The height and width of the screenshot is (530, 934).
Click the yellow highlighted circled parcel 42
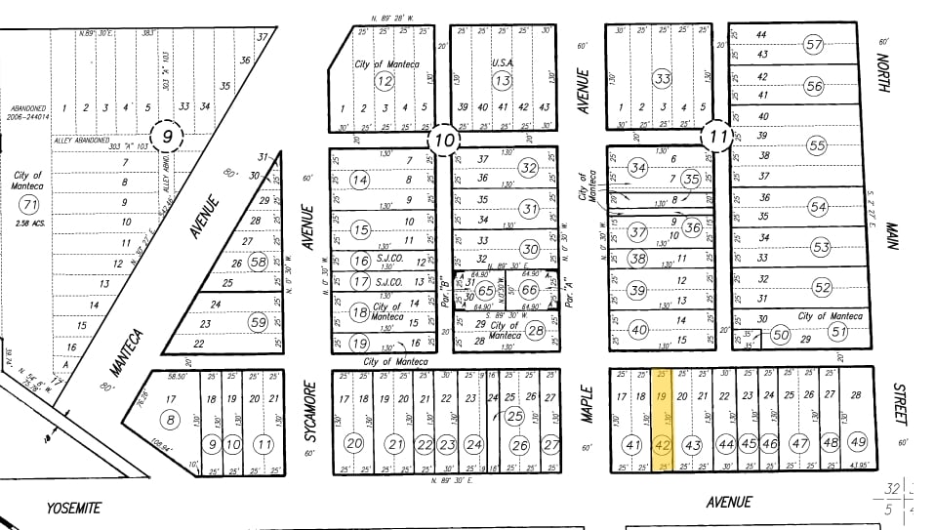663,445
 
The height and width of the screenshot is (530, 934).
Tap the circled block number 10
444,140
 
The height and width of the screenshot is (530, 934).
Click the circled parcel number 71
27,204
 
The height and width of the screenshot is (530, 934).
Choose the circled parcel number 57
814,44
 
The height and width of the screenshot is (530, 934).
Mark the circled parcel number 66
529,290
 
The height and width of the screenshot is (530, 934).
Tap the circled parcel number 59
258,322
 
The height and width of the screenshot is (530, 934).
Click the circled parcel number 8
173,421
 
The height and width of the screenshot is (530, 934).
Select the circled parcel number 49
859,443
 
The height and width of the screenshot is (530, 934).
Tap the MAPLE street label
588,401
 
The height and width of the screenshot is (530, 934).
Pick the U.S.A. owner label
503,63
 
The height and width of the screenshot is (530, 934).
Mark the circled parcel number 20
354,444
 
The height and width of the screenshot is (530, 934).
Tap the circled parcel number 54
818,207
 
